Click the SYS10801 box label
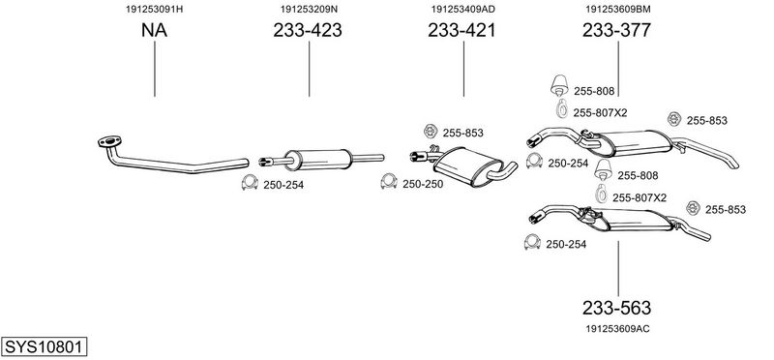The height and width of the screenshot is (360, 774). point(45,346)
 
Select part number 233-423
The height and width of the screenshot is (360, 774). point(308,31)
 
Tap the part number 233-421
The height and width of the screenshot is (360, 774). point(461,31)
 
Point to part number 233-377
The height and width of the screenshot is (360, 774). point(616,31)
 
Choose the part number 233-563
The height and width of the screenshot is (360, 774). point(616,308)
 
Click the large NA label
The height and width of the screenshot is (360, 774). point(154,31)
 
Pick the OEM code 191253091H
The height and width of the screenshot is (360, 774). point(155,9)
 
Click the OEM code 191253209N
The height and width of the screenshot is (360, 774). point(309,9)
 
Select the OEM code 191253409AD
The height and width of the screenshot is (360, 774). point(463,9)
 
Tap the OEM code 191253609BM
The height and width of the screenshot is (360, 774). point(618,9)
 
